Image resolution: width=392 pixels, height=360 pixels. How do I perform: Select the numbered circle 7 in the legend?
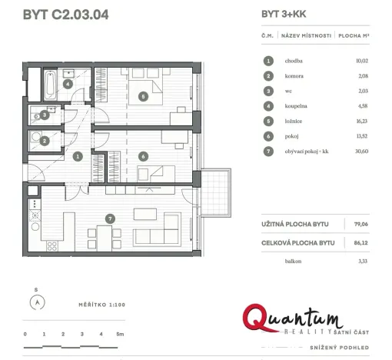pos(268,151)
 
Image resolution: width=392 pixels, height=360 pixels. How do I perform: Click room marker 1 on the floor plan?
pos(78,156)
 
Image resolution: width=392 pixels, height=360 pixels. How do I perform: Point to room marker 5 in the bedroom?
pos(143,97)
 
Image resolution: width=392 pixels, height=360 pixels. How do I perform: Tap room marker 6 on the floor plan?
pos(143,156)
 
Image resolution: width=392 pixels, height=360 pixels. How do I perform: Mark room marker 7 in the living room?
pos(111,218)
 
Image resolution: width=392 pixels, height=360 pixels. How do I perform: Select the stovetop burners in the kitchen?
pos(54,246)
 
